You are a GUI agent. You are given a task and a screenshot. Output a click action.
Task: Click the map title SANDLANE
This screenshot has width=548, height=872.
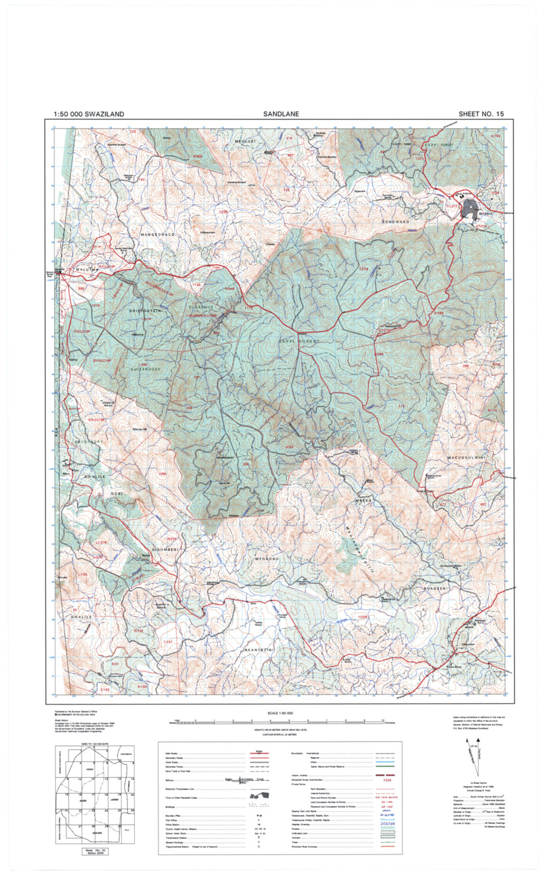tap(280, 114)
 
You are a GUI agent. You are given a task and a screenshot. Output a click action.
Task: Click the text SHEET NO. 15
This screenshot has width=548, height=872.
tap(481, 114)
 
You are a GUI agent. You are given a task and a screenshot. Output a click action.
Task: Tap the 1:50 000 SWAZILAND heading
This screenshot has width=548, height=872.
tap(89, 114)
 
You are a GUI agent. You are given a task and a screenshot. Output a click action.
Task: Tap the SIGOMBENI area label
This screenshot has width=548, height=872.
tap(164, 550)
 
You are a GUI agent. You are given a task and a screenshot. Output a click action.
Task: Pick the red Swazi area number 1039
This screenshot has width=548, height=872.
tap(363, 617)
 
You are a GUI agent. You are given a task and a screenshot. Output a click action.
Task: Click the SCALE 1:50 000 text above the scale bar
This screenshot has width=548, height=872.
tap(280, 713)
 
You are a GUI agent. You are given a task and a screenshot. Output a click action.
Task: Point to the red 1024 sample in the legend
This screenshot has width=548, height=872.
tap(387, 780)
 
